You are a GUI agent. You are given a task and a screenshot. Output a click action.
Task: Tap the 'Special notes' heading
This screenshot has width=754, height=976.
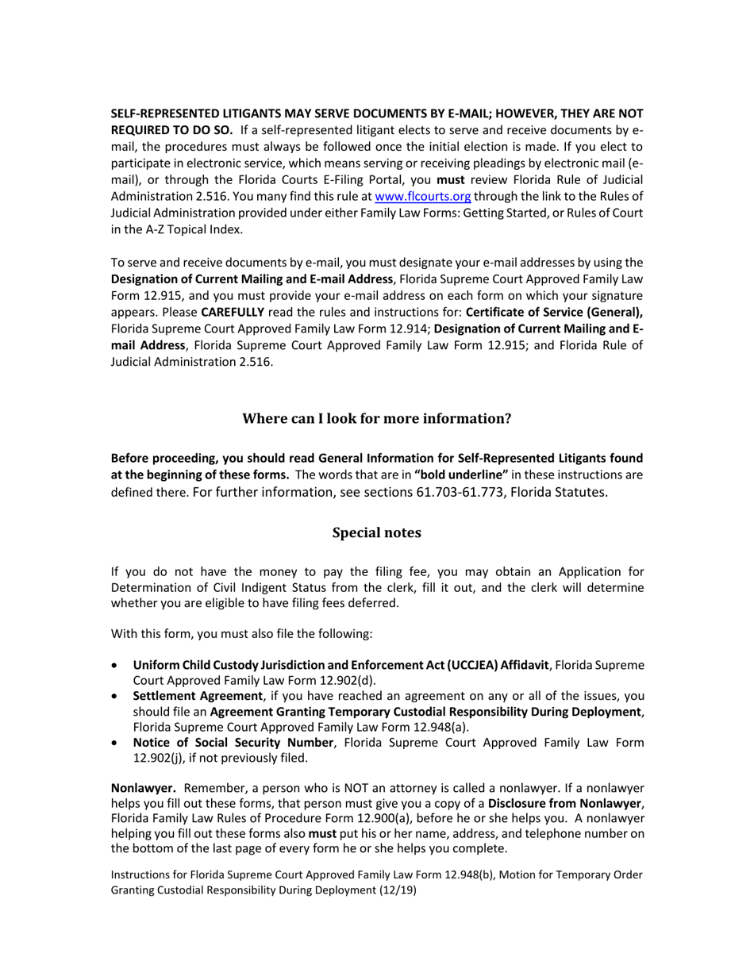(376, 532)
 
